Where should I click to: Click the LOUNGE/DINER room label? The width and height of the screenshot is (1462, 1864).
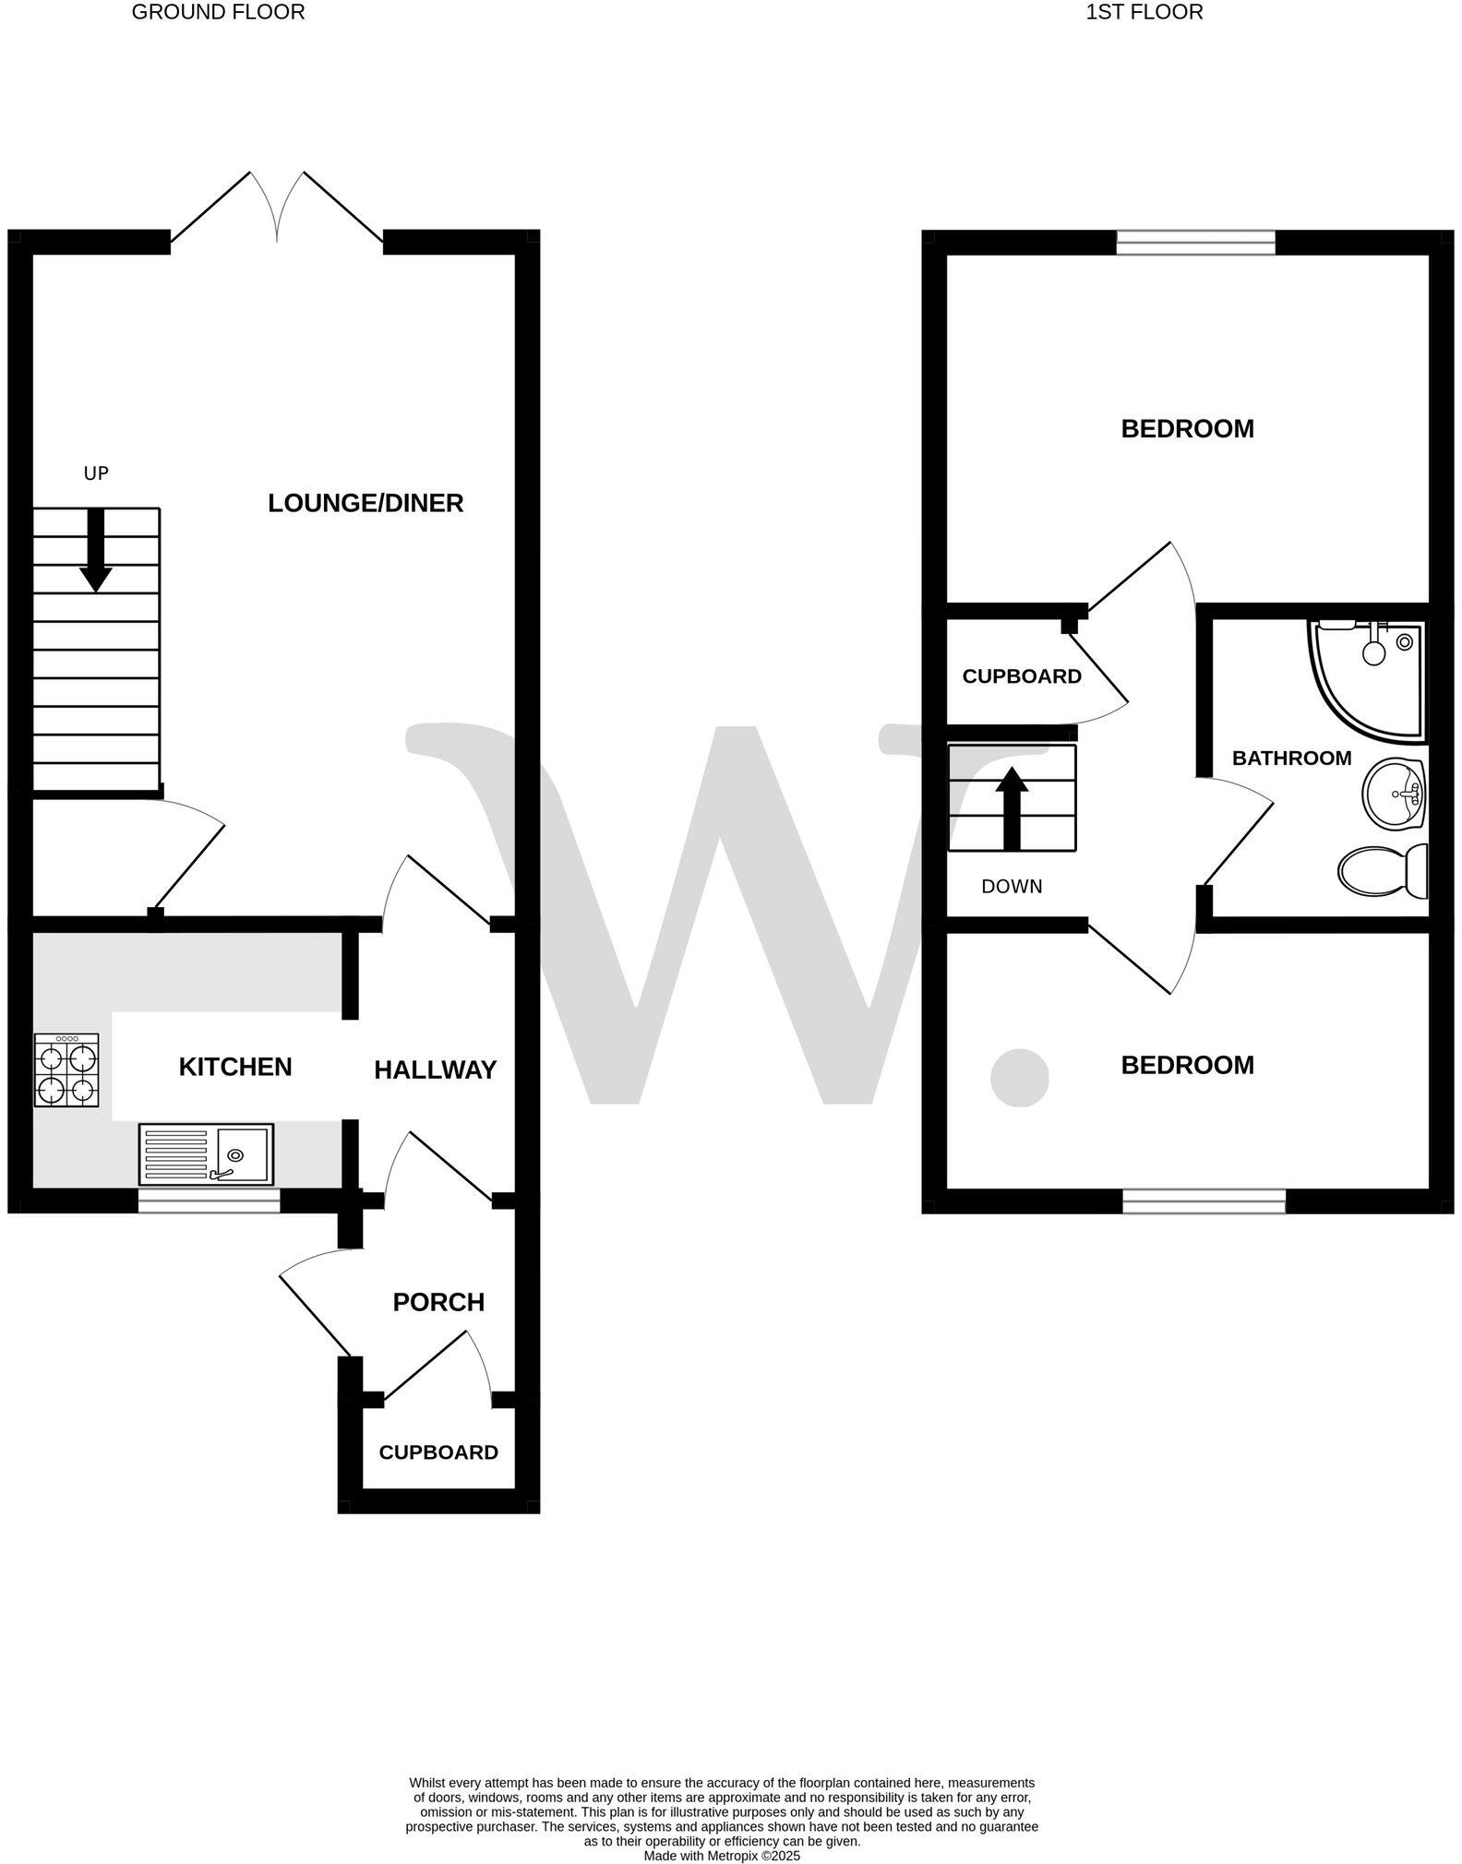[365, 503]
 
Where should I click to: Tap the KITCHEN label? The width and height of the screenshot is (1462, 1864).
[235, 1067]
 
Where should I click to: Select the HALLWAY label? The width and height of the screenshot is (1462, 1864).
[436, 1069]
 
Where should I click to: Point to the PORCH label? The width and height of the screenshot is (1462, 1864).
[438, 1302]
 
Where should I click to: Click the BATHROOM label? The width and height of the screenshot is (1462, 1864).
[1291, 758]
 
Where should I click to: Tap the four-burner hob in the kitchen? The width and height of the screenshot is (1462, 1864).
[66, 1069]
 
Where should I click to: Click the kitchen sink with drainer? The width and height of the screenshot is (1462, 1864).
[206, 1153]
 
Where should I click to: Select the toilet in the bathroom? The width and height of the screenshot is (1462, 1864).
[1383, 871]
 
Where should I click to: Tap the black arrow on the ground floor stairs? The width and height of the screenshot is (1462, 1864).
[95, 549]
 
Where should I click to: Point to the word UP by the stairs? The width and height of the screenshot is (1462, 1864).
[96, 473]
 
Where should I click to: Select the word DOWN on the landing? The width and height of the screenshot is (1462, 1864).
[1012, 887]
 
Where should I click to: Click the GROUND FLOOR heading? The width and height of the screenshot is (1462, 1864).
[218, 12]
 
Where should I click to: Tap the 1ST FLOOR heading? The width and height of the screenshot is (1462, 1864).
[1144, 12]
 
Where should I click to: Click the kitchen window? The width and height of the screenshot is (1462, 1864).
[209, 1201]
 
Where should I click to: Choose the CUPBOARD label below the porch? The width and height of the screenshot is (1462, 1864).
[438, 1452]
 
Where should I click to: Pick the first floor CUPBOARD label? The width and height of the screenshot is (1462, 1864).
[1022, 676]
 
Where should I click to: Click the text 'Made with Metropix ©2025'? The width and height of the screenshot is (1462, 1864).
[722, 1856]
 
